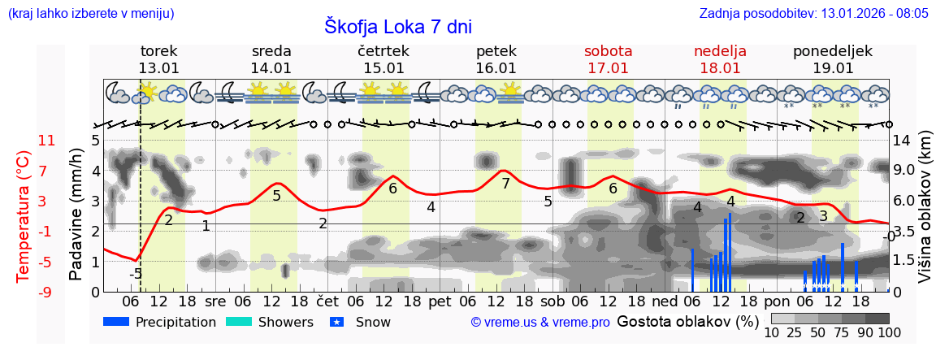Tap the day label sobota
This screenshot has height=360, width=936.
tap(608, 51)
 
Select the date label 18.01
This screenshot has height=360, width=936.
tap(720, 68)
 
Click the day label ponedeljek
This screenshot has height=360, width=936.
tap(833, 51)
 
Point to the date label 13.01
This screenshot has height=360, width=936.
tap(158, 68)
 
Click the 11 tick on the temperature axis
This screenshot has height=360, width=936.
tap(47, 141)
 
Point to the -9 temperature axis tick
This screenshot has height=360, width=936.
tap(46, 292)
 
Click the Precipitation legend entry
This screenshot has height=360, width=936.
tap(160, 322)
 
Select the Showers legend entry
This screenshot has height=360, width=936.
tap(269, 322)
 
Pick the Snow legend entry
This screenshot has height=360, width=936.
tap(362, 322)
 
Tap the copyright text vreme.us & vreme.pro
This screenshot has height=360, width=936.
tap(540, 322)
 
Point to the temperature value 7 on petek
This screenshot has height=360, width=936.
tap(505, 184)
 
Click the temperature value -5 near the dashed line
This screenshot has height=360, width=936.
tap(136, 274)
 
